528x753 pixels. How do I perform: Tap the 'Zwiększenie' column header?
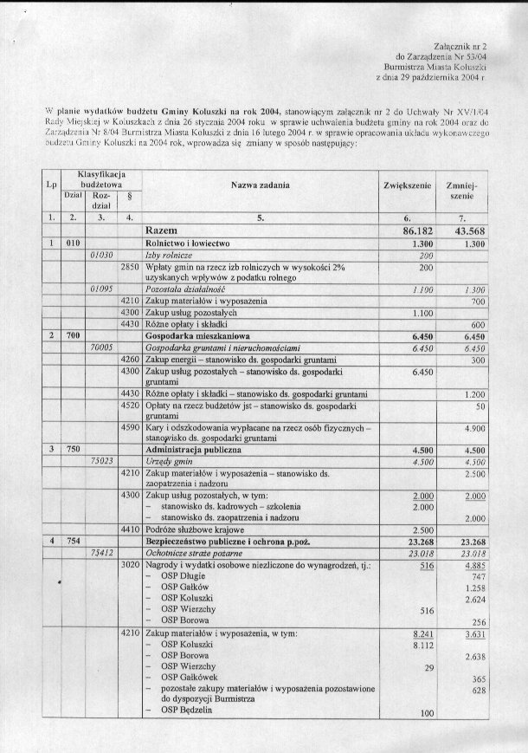coord(406,187)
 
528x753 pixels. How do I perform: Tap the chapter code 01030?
coord(102,257)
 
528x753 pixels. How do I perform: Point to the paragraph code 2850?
coord(131,269)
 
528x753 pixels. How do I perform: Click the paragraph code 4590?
coord(131,428)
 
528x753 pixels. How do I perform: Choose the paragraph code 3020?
coord(131,565)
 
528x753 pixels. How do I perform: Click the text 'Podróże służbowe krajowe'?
coord(196,529)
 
